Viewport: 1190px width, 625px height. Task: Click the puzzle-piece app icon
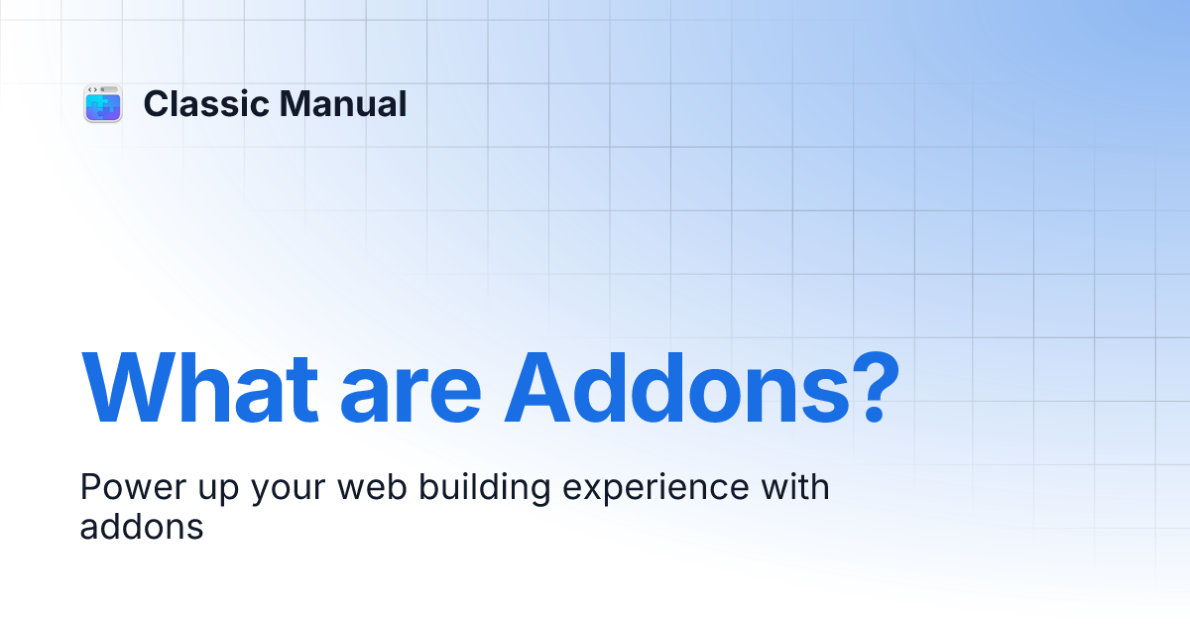pyautogui.click(x=103, y=103)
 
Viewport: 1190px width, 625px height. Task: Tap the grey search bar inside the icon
pyautogui.click(x=109, y=89)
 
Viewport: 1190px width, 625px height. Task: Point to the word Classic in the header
pyautogui.click(x=206, y=103)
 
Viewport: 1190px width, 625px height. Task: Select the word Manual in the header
pyautogui.click(x=343, y=103)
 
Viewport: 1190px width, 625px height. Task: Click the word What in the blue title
pyautogui.click(x=199, y=388)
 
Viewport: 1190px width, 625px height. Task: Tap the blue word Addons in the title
pyautogui.click(x=677, y=388)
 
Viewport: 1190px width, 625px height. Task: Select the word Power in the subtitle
pyautogui.click(x=133, y=486)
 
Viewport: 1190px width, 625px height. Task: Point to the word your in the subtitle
pyautogui.click(x=288, y=491)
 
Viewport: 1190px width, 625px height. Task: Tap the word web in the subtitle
pyautogui.click(x=372, y=486)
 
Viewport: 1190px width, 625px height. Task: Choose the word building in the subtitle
pyautogui.click(x=485, y=488)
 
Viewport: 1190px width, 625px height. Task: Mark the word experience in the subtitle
pyautogui.click(x=655, y=489)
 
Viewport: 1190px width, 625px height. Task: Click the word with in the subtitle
pyautogui.click(x=795, y=486)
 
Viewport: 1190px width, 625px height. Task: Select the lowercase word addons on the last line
pyautogui.click(x=142, y=526)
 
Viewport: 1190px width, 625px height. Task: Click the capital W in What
pyautogui.click(x=129, y=388)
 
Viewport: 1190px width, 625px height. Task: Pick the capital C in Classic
pyautogui.click(x=158, y=103)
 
